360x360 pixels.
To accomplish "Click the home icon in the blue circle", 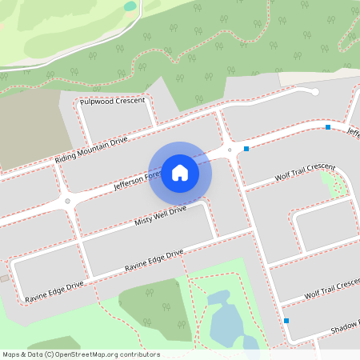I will point(180,172).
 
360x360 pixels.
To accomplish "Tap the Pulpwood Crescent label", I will point(113,102).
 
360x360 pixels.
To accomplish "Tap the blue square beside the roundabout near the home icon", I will point(246,149).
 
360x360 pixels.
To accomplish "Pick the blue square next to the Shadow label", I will point(286,321).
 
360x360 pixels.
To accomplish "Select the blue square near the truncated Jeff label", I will point(328,127).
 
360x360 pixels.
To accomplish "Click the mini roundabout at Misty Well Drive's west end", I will point(68,202).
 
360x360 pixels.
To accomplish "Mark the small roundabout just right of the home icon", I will point(230,150).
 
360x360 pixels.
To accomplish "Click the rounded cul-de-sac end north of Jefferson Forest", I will point(314,92).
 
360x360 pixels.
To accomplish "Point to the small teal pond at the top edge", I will point(130,6).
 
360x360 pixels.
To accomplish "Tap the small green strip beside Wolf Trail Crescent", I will point(328,182).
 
